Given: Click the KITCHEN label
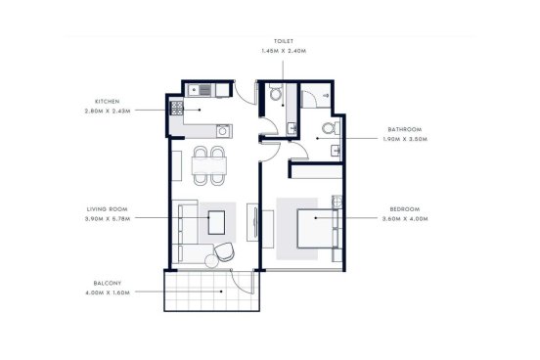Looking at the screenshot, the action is click(107, 102).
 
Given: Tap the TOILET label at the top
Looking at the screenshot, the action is click(284, 41).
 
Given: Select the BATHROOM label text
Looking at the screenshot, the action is click(405, 129).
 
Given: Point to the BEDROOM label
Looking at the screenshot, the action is click(405, 209).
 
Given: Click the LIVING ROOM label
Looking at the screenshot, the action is click(107, 209).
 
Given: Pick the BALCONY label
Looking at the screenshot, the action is click(108, 283).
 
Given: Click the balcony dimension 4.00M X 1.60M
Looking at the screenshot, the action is click(108, 292).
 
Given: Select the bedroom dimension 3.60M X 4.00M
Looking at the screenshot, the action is click(405, 219).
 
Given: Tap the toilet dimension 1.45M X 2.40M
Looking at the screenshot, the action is click(284, 51).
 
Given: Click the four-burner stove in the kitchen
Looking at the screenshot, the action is click(177, 108).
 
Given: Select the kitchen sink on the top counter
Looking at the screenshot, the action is click(201, 91).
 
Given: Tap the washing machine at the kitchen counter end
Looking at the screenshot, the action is click(223, 131).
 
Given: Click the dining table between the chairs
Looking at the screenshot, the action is click(209, 165).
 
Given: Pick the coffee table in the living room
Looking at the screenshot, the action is click(216, 222).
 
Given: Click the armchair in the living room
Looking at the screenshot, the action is click(224, 251).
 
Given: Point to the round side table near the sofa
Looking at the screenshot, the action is click(211, 261).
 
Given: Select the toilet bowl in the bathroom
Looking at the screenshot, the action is click(330, 128).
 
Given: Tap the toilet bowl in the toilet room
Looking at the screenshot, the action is click(276, 93).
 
